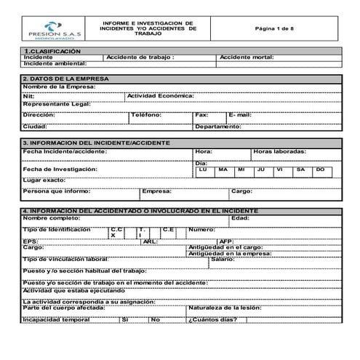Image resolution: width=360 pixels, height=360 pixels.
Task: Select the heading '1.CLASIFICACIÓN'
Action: pyautogui.click(x=52, y=51)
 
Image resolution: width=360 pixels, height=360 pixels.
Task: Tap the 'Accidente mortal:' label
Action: pyautogui.click(x=247, y=57)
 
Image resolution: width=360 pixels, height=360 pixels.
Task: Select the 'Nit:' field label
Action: pyautogui.click(x=29, y=96)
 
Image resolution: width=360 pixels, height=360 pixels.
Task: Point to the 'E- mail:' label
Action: pyautogui.click(x=240, y=115)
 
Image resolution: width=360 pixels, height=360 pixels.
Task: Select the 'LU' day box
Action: pyautogui.click(x=204, y=169)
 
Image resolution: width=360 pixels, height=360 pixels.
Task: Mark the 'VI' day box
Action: pyautogui.click(x=280, y=169)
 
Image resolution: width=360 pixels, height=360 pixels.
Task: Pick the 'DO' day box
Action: pyautogui.click(x=320, y=169)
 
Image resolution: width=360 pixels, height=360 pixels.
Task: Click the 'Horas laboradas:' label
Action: pyautogui.click(x=280, y=151)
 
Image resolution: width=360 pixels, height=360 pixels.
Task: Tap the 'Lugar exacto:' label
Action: pyautogui.click(x=44, y=179)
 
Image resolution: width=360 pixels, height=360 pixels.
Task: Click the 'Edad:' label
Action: pyautogui.click(x=240, y=217)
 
